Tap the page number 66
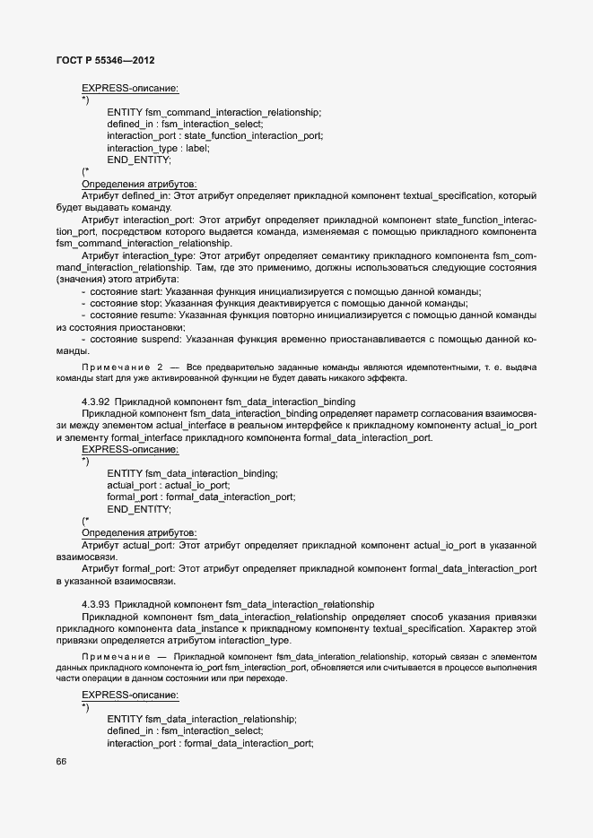[61, 762]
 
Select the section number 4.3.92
[96, 402]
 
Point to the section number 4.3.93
[96, 604]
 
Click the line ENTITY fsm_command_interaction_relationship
[214, 112]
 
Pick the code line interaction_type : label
[158, 148]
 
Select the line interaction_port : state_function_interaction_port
[215, 135]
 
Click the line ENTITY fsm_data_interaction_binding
[192, 473]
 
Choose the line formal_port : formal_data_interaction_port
[200, 497]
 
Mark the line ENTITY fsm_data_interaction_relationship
[201, 720]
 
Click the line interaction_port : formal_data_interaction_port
[210, 743]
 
